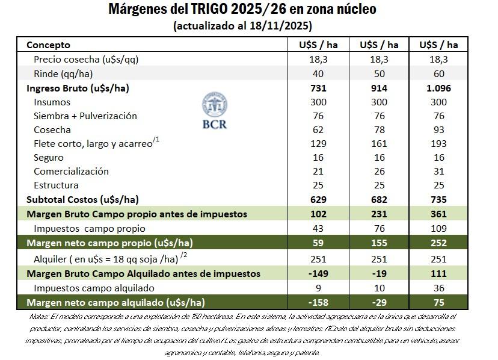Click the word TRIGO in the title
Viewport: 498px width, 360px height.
209,10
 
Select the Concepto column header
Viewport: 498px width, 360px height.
48,45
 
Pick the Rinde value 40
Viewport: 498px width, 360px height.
318,73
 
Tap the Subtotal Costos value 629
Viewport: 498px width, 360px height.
318,199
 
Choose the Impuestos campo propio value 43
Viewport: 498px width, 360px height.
318,228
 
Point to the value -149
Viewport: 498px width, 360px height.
318,273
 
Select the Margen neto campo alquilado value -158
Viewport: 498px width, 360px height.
318,302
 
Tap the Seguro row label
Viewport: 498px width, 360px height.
48,157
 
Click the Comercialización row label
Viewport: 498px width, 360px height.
71,171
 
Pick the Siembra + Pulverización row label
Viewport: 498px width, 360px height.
85,116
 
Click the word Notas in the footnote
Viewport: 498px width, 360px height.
40,316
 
